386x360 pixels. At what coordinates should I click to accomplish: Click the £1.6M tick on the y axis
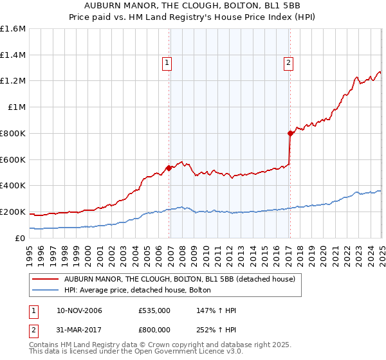pyautogui.click(x=13, y=29)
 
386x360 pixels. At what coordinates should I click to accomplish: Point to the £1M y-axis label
pyautogui.click(x=17, y=107)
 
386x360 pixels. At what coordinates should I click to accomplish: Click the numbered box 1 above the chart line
pyautogui.click(x=167, y=63)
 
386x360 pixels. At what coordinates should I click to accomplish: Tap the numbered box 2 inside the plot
pyautogui.click(x=288, y=63)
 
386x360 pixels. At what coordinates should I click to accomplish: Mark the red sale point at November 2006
pyautogui.click(x=169, y=168)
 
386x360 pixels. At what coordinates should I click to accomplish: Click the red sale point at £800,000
pyautogui.click(x=290, y=134)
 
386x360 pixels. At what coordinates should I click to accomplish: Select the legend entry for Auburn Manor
pyautogui.click(x=179, y=279)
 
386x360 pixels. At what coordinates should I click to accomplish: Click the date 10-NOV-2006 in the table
pyautogui.click(x=79, y=310)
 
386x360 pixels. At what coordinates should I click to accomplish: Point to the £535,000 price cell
pyautogui.click(x=154, y=310)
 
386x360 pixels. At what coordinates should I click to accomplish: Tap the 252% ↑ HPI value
pyautogui.click(x=217, y=331)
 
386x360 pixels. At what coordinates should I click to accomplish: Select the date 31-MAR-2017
pyautogui.click(x=79, y=331)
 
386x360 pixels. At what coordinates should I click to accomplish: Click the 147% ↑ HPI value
pyautogui.click(x=217, y=310)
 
